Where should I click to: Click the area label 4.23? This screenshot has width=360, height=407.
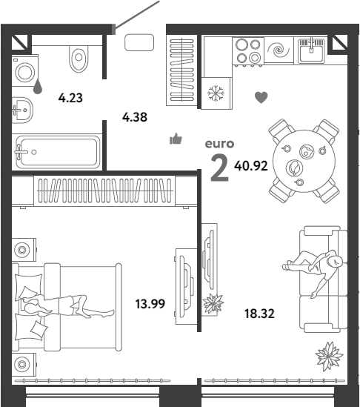pos(70,98)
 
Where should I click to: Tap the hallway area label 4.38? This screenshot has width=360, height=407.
pos(135,117)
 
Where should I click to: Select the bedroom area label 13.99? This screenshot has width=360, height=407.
pos(150,304)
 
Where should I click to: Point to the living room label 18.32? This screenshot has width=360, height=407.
pos(259,314)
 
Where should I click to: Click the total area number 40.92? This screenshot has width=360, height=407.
pos(251,166)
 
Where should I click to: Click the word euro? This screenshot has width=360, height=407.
pos(219,144)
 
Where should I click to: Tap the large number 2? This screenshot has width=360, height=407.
pos(219,168)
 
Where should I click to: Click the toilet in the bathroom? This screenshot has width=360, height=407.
pos(79,59)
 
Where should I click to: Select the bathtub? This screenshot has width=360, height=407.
pos(58,152)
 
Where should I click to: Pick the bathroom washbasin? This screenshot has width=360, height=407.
pos(22,110)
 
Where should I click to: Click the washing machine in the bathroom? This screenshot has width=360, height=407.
pos(25,70)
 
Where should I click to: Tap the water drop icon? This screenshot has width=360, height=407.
pos(38,87)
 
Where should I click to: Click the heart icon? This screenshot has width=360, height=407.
pos(261,98)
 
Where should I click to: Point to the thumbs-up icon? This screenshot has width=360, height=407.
pos(176,139)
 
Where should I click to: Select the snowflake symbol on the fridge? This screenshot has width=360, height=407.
pos(216,93)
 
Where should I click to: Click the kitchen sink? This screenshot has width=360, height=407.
pos(311,51)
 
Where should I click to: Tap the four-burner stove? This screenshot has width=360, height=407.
pos(248,51)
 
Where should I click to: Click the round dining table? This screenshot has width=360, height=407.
pos(304,161)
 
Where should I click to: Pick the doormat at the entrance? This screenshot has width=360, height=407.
pos(139,42)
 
